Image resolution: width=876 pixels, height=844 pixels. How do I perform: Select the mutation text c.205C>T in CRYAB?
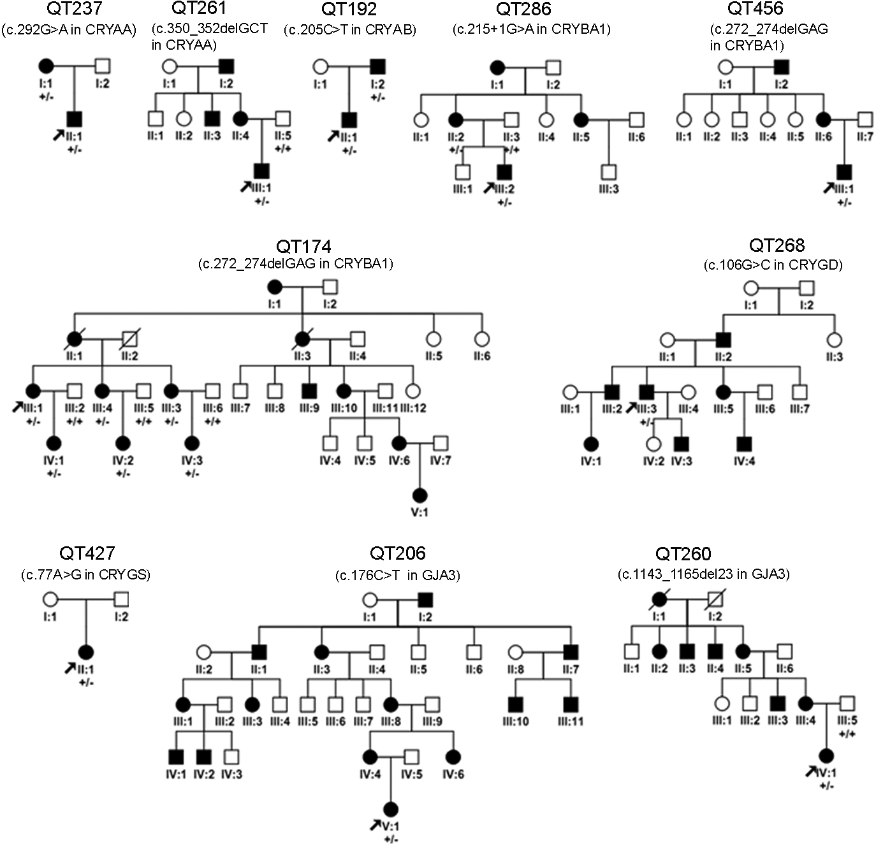[x=349, y=29]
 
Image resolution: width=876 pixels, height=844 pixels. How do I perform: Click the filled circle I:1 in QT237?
[x=47, y=65]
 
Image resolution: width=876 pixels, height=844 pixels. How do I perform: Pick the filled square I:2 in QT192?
[x=377, y=65]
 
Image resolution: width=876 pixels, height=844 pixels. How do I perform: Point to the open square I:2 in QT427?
[x=121, y=599]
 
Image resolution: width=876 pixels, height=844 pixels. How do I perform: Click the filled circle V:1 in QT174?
[x=419, y=495]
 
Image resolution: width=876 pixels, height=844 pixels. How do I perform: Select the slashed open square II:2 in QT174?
[x=129, y=337]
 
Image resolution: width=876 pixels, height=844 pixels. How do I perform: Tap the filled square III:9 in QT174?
[x=309, y=389]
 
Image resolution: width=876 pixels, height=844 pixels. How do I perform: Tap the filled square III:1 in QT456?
[x=844, y=171]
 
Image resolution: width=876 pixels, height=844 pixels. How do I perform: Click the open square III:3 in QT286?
[x=609, y=171]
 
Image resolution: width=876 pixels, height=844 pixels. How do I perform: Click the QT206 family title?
[x=397, y=553]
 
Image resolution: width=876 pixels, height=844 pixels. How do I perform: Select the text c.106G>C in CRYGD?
[x=773, y=265]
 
